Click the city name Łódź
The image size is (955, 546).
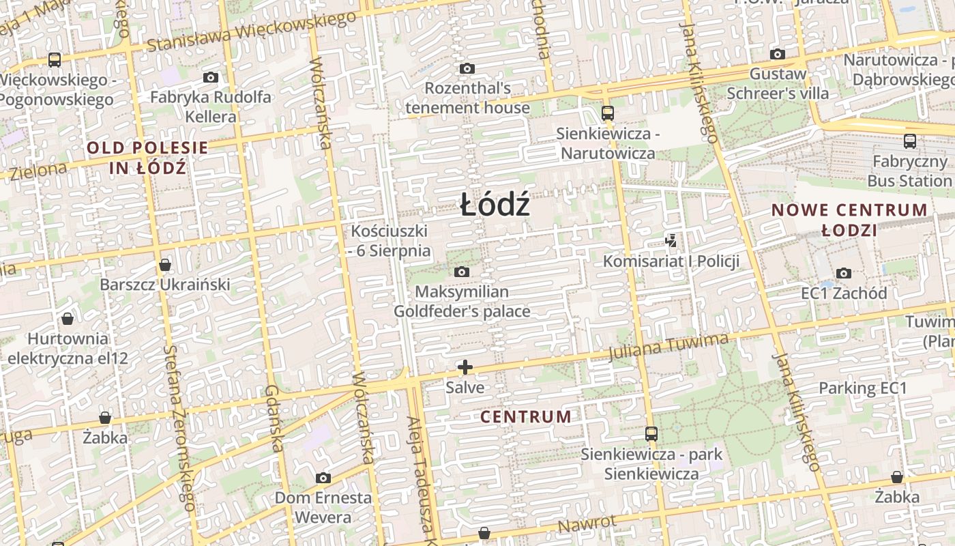tap(495, 205)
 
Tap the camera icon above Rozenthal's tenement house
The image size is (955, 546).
tap(467, 68)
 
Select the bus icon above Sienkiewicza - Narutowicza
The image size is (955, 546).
tap(607, 113)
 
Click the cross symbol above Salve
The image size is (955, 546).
tap(465, 368)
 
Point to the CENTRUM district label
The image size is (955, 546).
tap(526, 416)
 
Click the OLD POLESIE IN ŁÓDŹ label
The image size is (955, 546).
tap(147, 157)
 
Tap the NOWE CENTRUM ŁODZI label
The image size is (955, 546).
tap(849, 220)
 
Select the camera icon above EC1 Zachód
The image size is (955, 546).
tap(844, 273)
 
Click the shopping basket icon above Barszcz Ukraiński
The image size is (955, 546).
tap(164, 264)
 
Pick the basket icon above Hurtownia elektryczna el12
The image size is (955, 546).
tap(68, 318)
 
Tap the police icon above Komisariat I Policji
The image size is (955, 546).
tap(671, 240)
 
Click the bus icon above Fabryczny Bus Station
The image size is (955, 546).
tap(909, 141)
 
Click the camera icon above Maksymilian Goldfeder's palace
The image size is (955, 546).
tap(462, 272)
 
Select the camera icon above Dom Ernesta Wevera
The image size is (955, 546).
tap(323, 478)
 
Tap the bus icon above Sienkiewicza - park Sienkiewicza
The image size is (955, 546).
tap(651, 433)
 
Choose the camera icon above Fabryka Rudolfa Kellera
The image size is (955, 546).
tap(211, 77)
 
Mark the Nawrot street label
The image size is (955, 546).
tap(587, 524)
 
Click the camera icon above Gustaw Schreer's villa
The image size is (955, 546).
tap(777, 54)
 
